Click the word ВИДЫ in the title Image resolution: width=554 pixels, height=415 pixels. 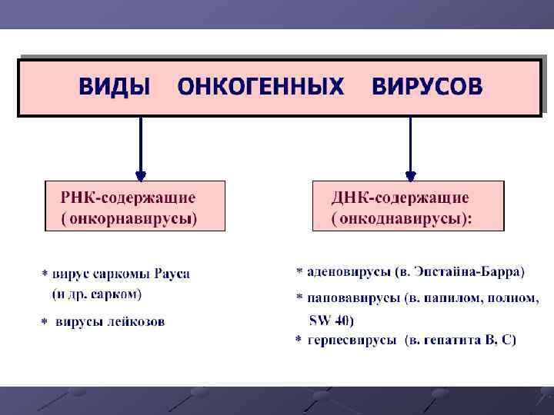pyautogui.click(x=115, y=87)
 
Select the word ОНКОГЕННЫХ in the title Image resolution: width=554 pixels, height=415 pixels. pyautogui.click(x=261, y=87)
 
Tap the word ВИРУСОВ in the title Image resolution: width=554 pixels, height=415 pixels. pyautogui.click(x=428, y=87)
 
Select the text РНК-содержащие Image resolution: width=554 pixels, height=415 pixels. pyautogui.click(x=128, y=198)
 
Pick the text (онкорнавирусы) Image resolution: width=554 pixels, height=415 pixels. pyautogui.click(x=129, y=218)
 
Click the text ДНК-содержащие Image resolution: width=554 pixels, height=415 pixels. pyautogui.click(x=400, y=198)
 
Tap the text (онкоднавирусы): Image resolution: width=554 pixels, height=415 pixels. pyautogui.click(x=402, y=218)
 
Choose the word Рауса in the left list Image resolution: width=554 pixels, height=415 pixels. pyautogui.click(x=172, y=273)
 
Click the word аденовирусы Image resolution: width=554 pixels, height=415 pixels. pyautogui.click(x=348, y=271)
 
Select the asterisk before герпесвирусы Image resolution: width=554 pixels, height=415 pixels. pyautogui.click(x=299, y=340)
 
